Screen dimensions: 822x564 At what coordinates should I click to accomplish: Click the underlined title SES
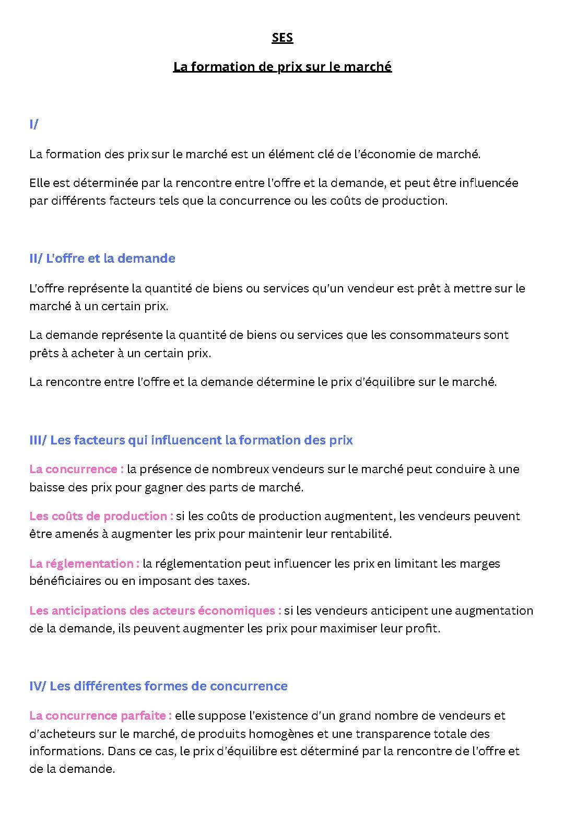(282, 38)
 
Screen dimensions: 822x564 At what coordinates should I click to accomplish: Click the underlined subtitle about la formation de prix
(282, 67)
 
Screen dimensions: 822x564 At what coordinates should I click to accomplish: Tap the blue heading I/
(34, 124)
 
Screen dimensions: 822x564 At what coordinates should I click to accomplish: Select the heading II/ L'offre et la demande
(102, 258)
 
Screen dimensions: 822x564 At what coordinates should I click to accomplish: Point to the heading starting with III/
(191, 440)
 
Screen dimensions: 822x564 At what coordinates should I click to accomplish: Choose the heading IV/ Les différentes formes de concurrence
(158, 686)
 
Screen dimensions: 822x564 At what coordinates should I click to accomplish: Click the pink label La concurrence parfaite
(100, 715)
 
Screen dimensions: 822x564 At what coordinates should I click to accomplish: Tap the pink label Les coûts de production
(101, 516)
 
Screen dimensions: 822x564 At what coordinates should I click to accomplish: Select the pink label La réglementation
(84, 563)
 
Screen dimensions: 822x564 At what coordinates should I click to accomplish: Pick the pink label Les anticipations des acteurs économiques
(155, 610)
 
